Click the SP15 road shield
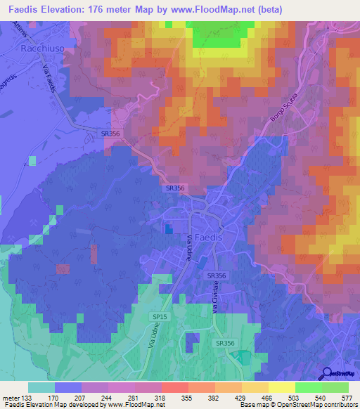160,318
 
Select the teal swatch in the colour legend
41,387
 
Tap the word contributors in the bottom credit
337,404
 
